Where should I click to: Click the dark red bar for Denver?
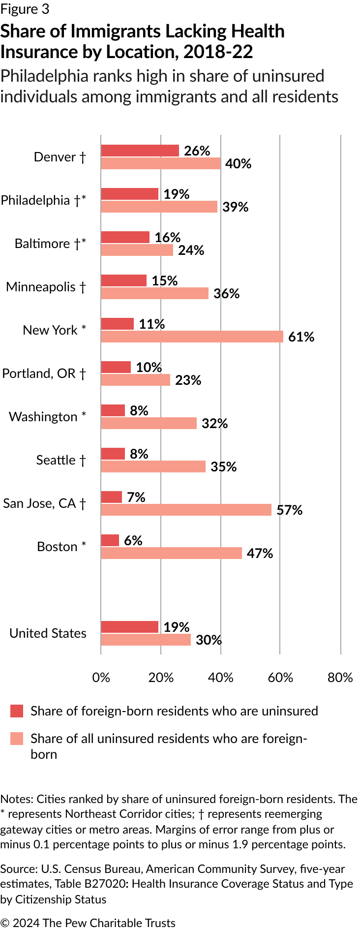pyautogui.click(x=140, y=151)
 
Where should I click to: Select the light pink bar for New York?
pyautogui.click(x=192, y=337)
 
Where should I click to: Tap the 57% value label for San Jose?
pyautogui.click(x=289, y=510)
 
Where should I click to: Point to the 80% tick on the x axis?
pyautogui.click(x=340, y=678)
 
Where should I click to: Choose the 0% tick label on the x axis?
pyautogui.click(x=101, y=678)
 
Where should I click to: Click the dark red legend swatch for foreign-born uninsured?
pyautogui.click(x=17, y=711)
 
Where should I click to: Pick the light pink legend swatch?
pyautogui.click(x=17, y=739)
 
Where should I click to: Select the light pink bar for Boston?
pyautogui.click(x=171, y=553)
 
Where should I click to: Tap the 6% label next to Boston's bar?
pyautogui.click(x=133, y=541)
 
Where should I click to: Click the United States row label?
pyautogui.click(x=48, y=633)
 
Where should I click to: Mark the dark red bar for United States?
pyautogui.click(x=129, y=627)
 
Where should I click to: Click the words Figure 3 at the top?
pyautogui.click(x=25, y=9)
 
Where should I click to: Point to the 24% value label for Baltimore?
pyautogui.click(x=191, y=250)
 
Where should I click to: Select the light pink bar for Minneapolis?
pyautogui.click(x=154, y=293)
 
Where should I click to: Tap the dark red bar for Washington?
pyautogui.click(x=113, y=410)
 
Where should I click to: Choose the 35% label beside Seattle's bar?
pyautogui.click(x=223, y=467)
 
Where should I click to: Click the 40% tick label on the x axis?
pyautogui.click(x=220, y=678)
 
